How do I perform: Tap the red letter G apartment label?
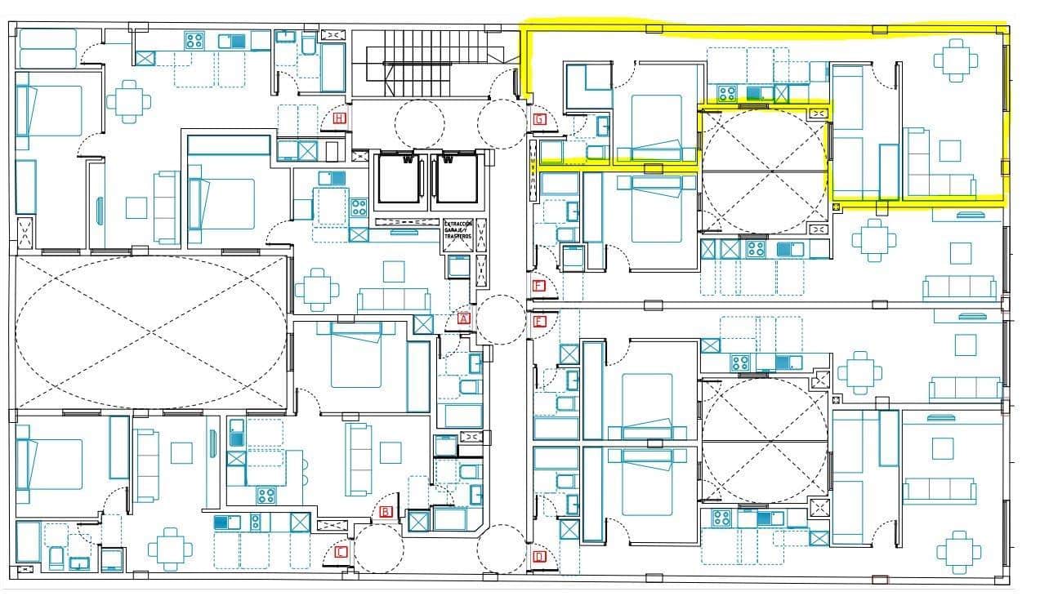point(538,119)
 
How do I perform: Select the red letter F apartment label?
point(538,286)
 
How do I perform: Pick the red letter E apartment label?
point(538,321)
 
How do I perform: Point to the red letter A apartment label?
point(464,319)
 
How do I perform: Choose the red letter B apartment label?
point(386,513)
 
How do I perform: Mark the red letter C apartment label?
point(341,552)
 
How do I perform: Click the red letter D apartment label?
point(539,558)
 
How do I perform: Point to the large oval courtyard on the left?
point(152,331)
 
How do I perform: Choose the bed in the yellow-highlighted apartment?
point(657,127)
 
